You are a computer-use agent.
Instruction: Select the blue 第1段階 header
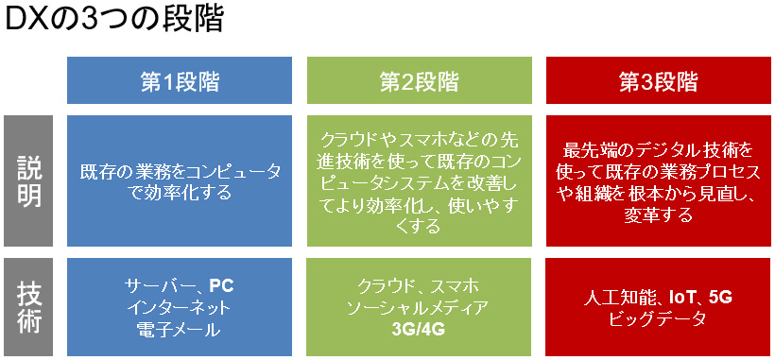tap(180, 80)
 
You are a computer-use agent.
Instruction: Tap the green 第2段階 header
tap(419, 80)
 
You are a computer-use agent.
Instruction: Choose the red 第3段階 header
tap(659, 80)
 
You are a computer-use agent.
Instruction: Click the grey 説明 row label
tap(28, 180)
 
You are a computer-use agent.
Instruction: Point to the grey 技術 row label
tap(28, 307)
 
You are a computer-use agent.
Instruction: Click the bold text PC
tap(221, 285)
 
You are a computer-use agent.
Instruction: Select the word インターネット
tap(180, 308)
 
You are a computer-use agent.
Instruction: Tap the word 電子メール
tap(180, 330)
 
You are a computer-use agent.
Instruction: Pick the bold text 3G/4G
tap(418, 330)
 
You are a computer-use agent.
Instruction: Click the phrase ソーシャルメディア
tap(418, 308)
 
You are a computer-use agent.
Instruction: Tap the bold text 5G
tap(719, 298)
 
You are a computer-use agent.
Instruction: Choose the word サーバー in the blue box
tap(158, 285)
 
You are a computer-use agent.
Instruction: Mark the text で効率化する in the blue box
tap(180, 192)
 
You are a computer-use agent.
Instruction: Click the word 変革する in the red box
tap(659, 215)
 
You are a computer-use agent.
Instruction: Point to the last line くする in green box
tap(419, 227)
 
